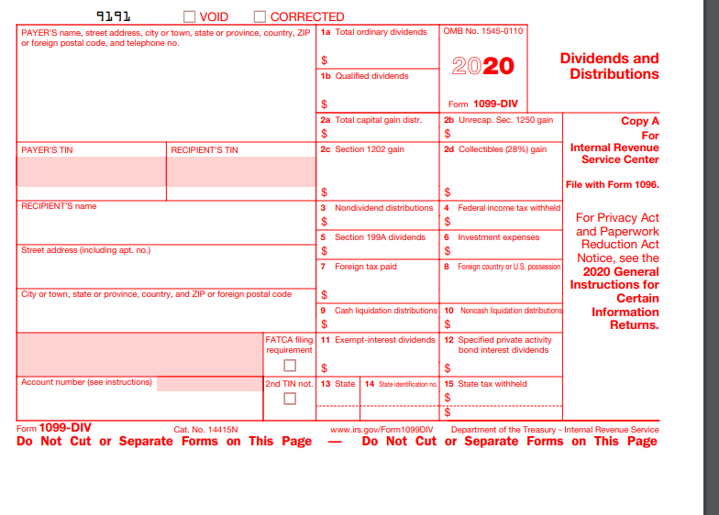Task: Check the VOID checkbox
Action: tap(190, 16)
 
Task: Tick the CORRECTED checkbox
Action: tap(260, 16)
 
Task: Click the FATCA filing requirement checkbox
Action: tap(290, 365)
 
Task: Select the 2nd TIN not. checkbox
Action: tap(290, 398)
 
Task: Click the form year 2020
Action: tap(483, 66)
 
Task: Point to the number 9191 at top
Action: tap(114, 16)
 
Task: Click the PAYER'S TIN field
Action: tap(92, 171)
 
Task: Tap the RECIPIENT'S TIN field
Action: tap(241, 171)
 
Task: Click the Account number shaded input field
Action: tap(209, 383)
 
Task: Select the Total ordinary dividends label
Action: tap(381, 32)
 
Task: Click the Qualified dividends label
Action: tap(371, 76)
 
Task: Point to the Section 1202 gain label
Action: tap(369, 149)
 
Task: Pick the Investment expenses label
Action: tap(498, 237)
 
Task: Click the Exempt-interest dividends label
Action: tap(384, 340)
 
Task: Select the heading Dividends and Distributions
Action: tap(609, 66)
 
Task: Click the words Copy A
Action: tap(639, 121)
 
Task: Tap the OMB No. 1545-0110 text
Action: tap(483, 32)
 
